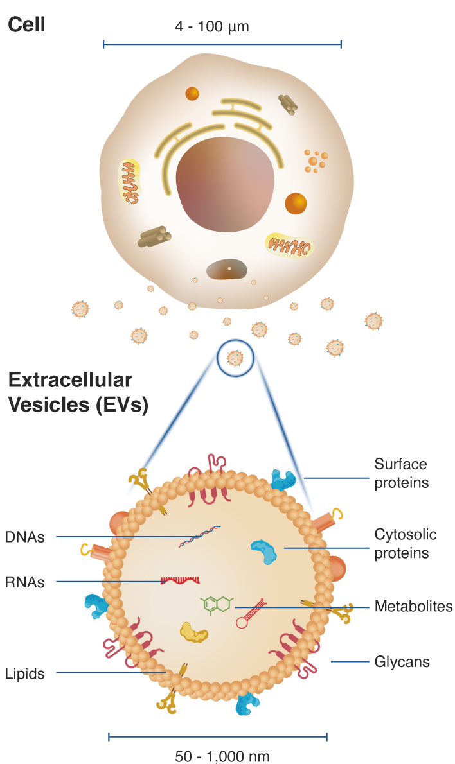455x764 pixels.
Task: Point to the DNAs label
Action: [25, 537]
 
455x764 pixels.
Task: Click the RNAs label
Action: [25, 582]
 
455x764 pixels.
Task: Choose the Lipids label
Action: [25, 673]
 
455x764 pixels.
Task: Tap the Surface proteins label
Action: [401, 473]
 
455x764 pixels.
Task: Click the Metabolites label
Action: [413, 606]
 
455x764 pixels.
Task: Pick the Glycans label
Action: [402, 661]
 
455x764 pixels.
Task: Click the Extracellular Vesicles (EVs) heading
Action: [77, 392]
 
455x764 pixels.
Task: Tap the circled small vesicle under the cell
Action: [236, 358]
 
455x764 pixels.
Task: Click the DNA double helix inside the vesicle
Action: [199, 536]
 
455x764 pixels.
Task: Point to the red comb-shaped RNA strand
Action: [180, 580]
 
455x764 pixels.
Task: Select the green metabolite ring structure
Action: [217, 604]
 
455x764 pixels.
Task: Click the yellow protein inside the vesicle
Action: [194, 632]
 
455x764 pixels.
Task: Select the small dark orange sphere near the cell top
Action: [192, 94]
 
